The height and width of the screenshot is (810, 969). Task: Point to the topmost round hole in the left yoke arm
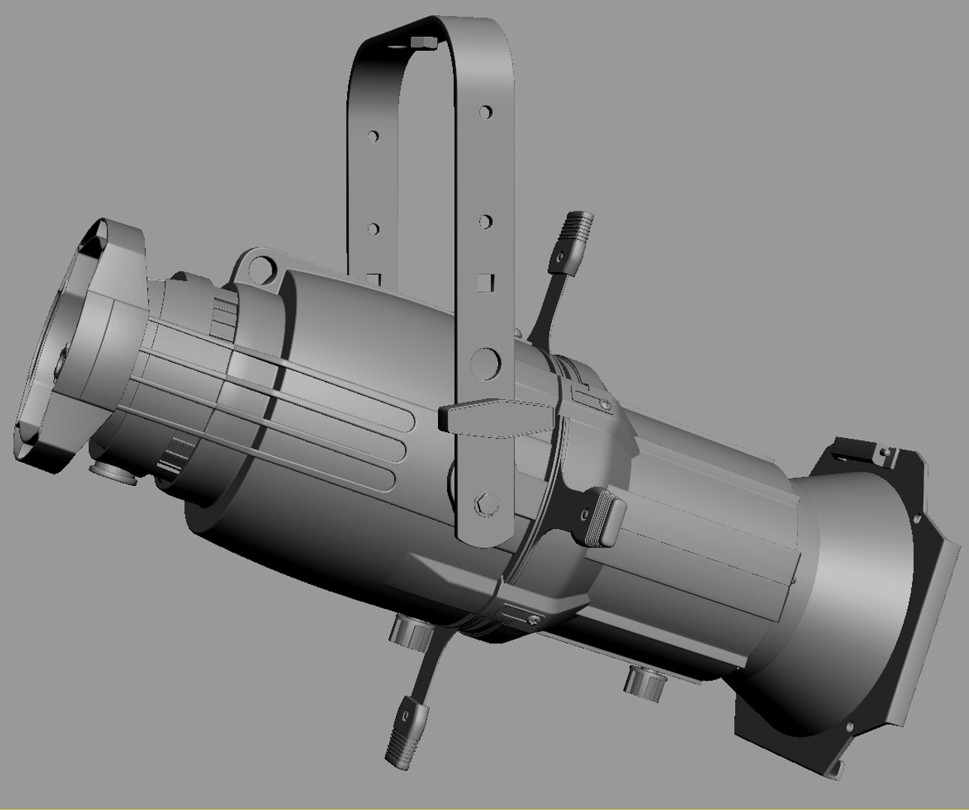point(372,137)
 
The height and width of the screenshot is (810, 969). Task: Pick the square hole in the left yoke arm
point(375,279)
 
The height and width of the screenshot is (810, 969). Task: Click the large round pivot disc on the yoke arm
point(487,364)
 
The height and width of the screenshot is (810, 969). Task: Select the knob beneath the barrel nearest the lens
point(646,682)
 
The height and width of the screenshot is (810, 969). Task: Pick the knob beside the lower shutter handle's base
point(412,629)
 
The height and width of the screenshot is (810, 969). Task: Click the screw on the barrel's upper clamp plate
point(604,404)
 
